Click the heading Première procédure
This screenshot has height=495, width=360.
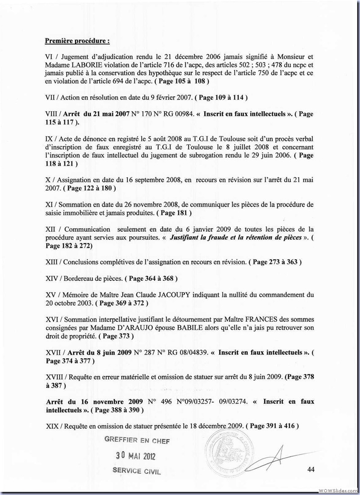[77, 41]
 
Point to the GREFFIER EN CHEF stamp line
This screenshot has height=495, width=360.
[137, 441]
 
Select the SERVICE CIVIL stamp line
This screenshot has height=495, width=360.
[137, 472]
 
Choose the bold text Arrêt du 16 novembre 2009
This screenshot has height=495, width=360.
[94, 401]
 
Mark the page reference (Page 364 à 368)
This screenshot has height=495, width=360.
[151, 279]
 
